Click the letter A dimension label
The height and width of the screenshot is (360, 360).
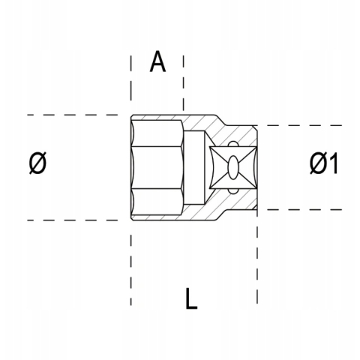[157, 62]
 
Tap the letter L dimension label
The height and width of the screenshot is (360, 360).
[191, 299]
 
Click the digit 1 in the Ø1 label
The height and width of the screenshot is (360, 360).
[331, 163]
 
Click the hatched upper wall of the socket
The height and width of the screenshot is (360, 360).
[202, 124]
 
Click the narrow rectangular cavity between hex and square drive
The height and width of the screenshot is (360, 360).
[197, 167]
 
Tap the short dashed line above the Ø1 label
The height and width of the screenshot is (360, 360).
[300, 125]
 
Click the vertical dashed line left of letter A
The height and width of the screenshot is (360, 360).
[131, 82]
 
